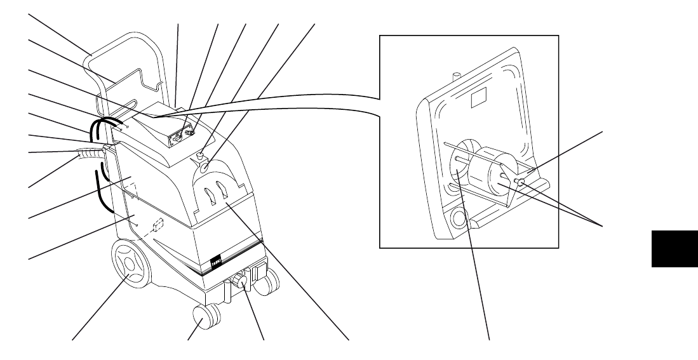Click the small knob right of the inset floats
[x=520, y=183]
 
